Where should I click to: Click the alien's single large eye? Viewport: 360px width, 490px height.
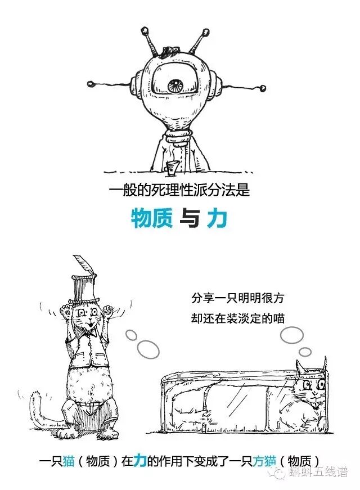point(174,86)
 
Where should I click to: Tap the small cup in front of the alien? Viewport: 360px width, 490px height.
point(170,166)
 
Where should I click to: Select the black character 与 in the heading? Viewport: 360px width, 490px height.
point(188,219)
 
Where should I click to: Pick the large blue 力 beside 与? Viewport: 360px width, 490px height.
point(217,218)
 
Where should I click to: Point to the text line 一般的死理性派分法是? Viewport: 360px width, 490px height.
point(179,191)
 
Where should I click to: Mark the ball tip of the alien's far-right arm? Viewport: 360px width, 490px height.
point(264,88)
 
